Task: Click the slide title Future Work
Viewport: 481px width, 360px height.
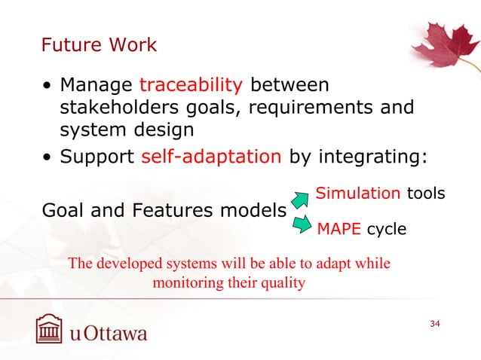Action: click(x=99, y=45)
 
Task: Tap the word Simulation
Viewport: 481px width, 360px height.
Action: click(x=357, y=194)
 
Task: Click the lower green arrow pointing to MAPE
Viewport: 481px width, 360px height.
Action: click(x=301, y=224)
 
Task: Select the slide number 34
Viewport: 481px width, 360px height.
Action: click(x=434, y=324)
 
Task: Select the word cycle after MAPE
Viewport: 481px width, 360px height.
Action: click(x=386, y=229)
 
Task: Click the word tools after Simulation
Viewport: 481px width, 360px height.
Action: click(x=426, y=194)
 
